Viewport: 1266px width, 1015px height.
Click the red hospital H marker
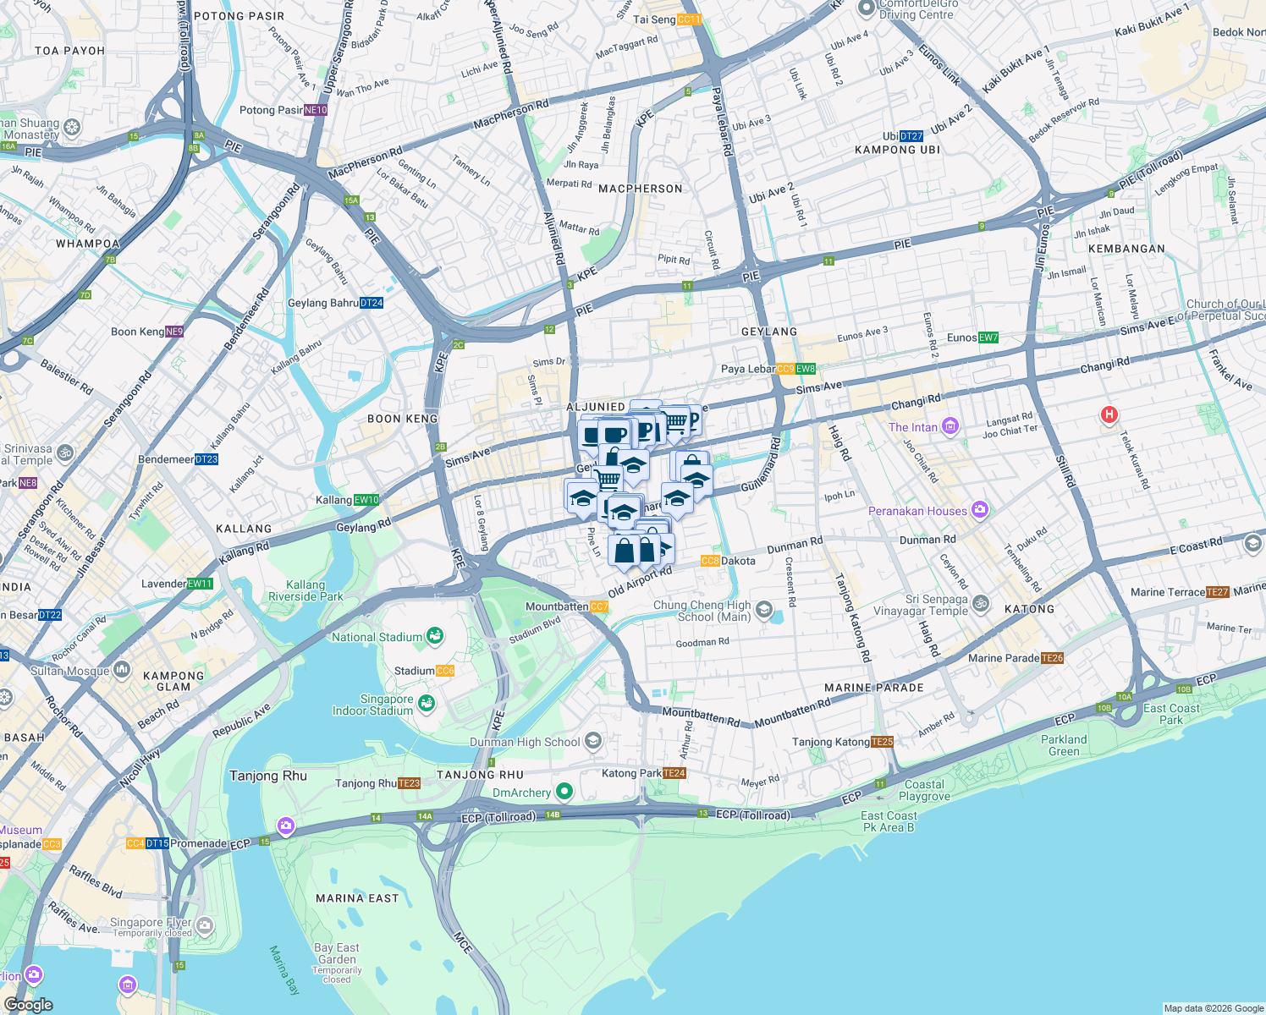[x=1109, y=414]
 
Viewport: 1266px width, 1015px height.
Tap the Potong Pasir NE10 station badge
[x=316, y=110]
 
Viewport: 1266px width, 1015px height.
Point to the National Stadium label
[x=377, y=637]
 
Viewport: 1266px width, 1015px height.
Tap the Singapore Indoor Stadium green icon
[x=427, y=703]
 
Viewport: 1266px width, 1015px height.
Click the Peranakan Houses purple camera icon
[x=980, y=510]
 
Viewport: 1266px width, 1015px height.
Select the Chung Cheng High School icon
[x=764, y=610]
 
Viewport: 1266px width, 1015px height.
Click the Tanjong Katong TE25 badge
[x=882, y=742]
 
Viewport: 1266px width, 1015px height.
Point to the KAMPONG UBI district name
[x=897, y=150]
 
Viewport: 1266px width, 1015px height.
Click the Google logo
[x=28, y=1005]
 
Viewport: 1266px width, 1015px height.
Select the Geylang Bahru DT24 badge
[x=372, y=303]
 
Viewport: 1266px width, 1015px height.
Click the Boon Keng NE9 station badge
[x=174, y=332]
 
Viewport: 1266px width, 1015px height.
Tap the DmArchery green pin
[x=564, y=793]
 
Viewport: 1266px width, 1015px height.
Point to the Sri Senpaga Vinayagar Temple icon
[x=981, y=603]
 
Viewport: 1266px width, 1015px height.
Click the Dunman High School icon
[x=593, y=742]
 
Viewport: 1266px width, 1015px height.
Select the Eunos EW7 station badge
[x=988, y=337]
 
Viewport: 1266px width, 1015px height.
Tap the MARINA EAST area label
[x=356, y=898]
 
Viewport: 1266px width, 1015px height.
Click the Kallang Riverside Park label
[x=305, y=590]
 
